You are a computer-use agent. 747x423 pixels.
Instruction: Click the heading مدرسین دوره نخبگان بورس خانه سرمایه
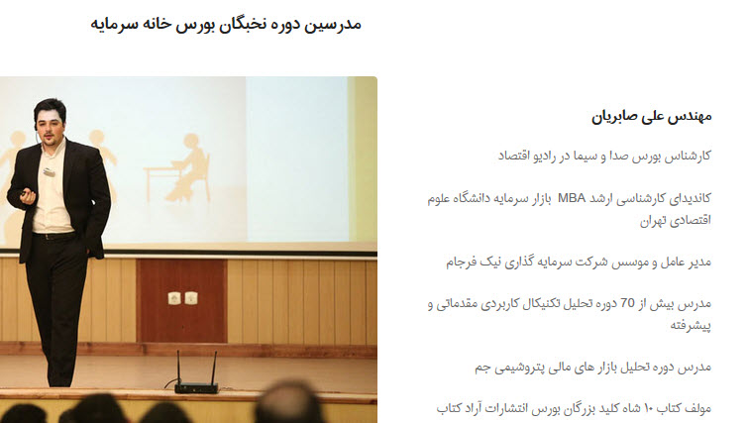point(226,25)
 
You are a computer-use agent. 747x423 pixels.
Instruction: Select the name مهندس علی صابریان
point(651,117)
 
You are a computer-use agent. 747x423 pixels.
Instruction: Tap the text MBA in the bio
point(572,198)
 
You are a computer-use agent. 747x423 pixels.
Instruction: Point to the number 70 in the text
point(627,303)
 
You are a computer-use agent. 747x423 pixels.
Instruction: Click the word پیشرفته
point(691,325)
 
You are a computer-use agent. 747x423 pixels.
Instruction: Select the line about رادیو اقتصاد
point(604,156)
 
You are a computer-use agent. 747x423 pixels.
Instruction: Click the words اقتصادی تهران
point(675,220)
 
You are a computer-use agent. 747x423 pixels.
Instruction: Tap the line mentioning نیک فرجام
point(579,262)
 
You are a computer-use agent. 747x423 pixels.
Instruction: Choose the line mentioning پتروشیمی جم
point(592,368)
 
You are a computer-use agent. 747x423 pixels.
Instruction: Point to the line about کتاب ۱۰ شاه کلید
point(574,409)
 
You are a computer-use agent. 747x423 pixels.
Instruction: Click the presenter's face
point(50,125)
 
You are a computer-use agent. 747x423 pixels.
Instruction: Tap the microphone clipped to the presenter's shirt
point(50,172)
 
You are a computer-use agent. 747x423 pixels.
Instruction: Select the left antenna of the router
point(178,368)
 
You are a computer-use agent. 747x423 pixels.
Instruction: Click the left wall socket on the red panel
point(174,298)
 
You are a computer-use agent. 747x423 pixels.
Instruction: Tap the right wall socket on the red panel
point(191,298)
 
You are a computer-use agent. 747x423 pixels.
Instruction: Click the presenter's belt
point(53,236)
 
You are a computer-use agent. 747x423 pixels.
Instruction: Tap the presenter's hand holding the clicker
point(27,196)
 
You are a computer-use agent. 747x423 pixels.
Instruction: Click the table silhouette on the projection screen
point(162,183)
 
